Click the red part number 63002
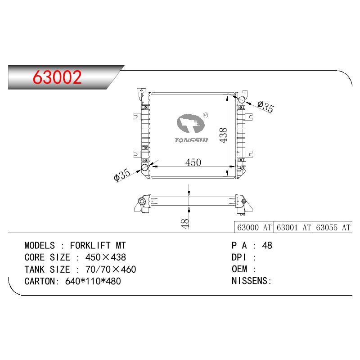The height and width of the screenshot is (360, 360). [x=57, y=77]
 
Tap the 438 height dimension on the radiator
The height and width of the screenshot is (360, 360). [x=223, y=135]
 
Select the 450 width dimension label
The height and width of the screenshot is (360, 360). [x=193, y=162]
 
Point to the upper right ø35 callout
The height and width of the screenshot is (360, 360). [x=265, y=107]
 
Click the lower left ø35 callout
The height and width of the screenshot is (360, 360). [x=122, y=175]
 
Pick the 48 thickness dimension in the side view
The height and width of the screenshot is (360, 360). [x=185, y=224]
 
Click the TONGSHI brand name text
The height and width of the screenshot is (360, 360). [x=191, y=140]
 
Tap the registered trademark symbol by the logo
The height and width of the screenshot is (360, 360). [x=206, y=115]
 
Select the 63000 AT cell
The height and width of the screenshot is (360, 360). [x=254, y=228]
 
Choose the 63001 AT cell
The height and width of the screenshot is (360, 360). [x=293, y=228]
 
